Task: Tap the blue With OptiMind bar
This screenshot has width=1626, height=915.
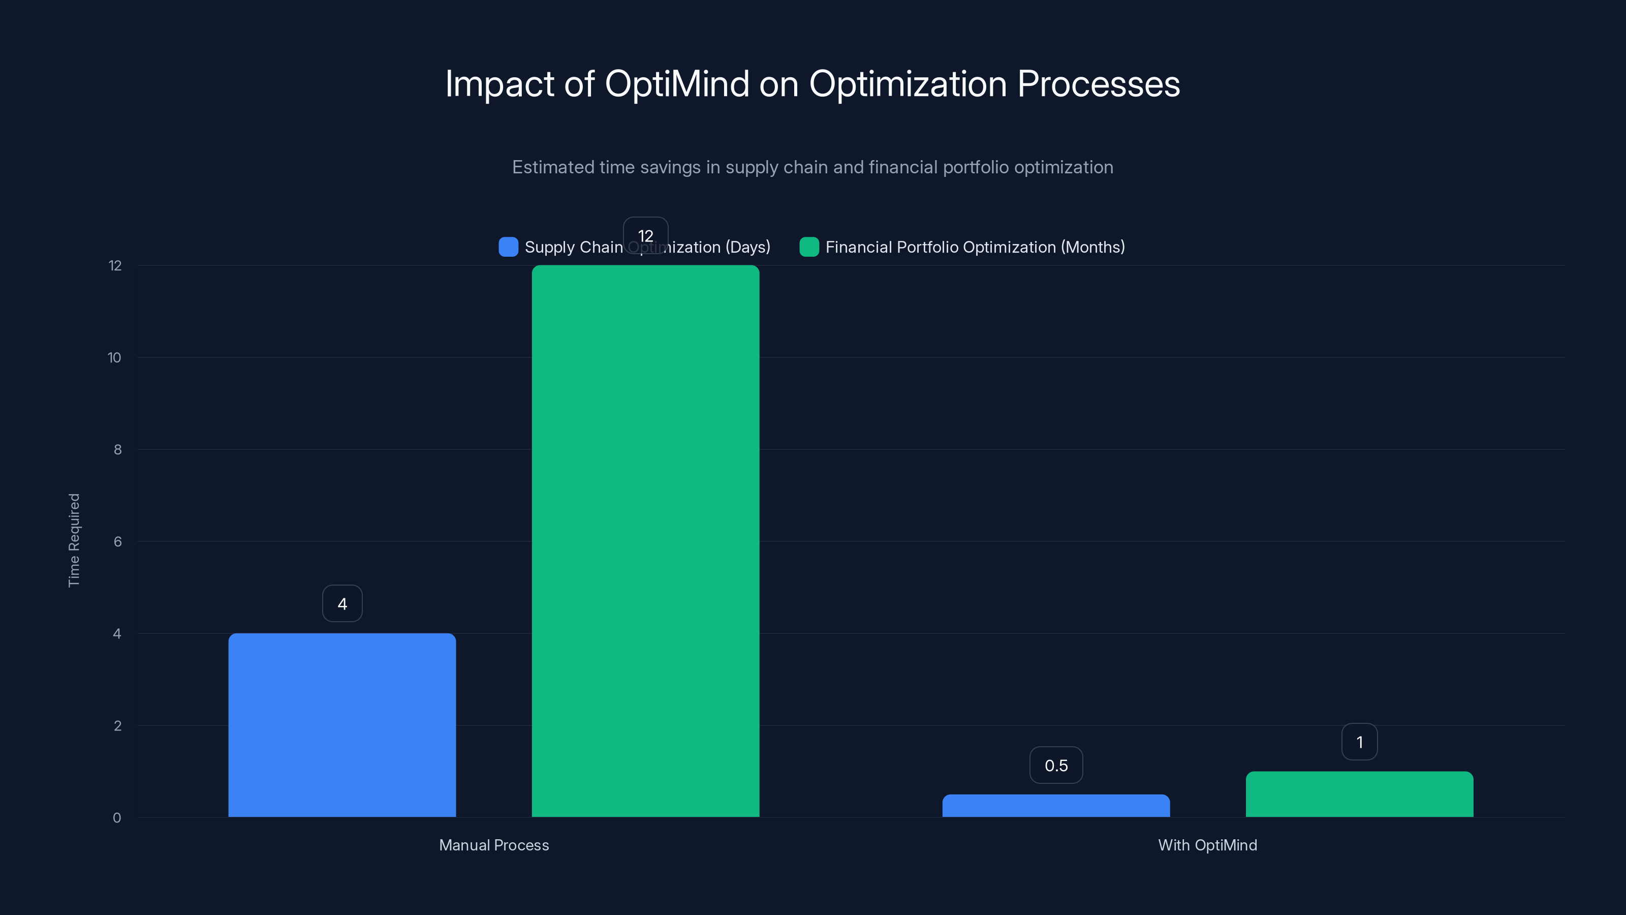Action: (1055, 806)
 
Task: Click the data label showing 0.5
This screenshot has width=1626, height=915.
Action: (1056, 766)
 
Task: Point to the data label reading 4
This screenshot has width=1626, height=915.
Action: (342, 604)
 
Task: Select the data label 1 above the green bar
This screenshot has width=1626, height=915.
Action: (1359, 742)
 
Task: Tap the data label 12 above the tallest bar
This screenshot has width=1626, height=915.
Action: (645, 235)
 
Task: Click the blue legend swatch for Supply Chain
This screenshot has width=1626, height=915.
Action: (508, 247)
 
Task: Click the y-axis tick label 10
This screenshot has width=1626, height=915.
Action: (114, 358)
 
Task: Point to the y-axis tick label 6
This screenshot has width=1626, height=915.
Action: (117, 542)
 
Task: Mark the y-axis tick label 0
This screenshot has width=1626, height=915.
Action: (117, 818)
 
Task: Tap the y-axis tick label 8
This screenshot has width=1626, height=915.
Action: (117, 449)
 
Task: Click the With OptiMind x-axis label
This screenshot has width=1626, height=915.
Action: (1207, 845)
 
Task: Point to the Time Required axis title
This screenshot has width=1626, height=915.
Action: (74, 540)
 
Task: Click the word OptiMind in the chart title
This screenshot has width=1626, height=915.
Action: (677, 84)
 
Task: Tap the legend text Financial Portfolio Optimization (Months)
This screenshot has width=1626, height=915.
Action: (975, 247)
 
